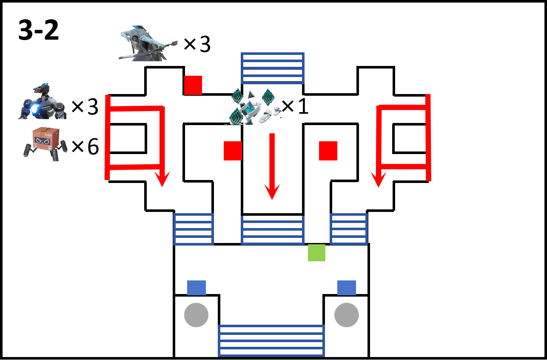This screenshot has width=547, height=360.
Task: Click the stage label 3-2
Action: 39,30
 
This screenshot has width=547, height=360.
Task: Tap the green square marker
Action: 316,252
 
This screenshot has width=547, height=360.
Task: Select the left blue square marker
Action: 197,288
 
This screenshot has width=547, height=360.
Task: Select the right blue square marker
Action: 347,288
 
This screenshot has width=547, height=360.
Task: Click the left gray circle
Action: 197,315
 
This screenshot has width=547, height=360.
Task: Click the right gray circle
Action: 347,315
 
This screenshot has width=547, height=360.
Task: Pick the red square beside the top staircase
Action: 193,85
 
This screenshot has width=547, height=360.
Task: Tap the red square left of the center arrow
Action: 233,151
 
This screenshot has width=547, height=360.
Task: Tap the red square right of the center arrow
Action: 328,151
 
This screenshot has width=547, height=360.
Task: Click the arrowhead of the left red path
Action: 162,180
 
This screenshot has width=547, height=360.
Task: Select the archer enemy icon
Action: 148,43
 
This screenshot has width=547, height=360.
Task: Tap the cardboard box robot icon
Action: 45,144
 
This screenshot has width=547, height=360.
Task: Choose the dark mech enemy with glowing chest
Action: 42,101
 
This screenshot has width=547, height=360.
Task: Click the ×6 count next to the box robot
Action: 85,146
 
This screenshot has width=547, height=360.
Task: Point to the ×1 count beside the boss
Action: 295,106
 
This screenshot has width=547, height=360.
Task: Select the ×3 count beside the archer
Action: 197,44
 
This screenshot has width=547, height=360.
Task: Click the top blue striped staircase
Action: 273,68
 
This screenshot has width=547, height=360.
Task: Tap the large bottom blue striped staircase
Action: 271,340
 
